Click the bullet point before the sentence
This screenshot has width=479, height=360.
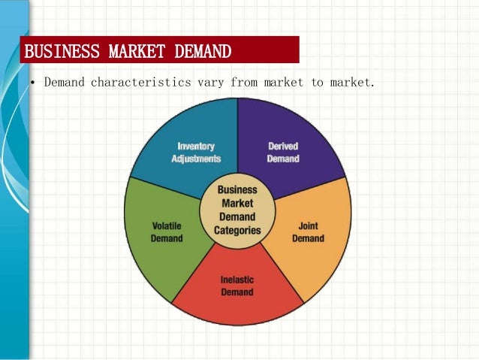click(34, 81)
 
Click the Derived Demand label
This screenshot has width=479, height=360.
click(283, 152)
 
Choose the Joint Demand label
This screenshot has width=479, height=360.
click(308, 231)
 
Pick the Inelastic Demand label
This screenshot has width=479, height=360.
click(236, 286)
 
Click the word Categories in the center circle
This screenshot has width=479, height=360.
click(237, 231)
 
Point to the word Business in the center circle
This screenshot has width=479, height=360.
click(237, 190)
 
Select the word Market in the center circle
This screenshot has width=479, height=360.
click(237, 204)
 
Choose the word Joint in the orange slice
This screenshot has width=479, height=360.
click(308, 225)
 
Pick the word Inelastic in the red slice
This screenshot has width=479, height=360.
click(236, 280)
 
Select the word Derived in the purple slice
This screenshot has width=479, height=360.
click(283, 145)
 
